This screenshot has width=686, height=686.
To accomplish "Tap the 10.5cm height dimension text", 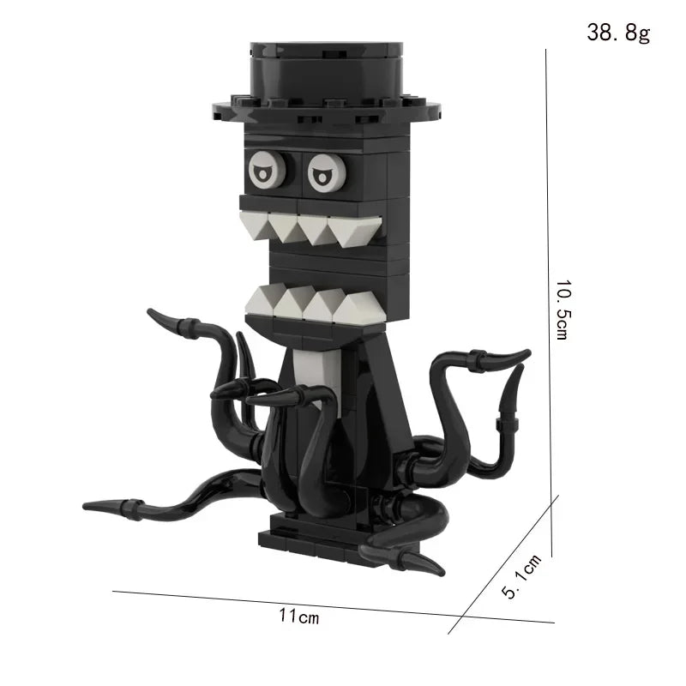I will click(x=562, y=310).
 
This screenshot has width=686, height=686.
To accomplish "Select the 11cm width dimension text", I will click(x=298, y=615).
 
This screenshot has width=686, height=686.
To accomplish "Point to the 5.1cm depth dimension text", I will click(x=521, y=575).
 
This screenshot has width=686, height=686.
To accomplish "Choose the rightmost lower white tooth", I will click(x=358, y=307).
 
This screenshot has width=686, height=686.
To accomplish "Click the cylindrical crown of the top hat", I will click(x=327, y=73).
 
